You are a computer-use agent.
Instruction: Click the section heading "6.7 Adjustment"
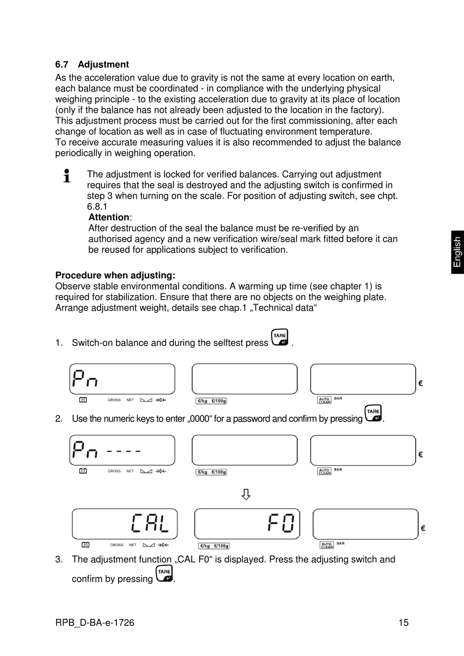[x=92, y=64]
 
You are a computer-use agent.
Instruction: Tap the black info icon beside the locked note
[x=67, y=176]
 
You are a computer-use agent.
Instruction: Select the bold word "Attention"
[x=109, y=217]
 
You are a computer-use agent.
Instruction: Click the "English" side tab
[x=457, y=252]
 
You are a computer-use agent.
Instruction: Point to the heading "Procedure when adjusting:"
[x=115, y=275]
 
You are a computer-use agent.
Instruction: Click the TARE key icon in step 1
[x=280, y=337]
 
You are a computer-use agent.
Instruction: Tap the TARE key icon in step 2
[x=373, y=413]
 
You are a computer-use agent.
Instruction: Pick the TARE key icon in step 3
[x=164, y=574]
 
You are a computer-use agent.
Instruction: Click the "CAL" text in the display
[x=149, y=523]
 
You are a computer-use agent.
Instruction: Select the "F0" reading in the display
[x=281, y=523]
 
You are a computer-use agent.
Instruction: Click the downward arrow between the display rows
[x=246, y=494]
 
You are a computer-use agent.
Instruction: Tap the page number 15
[x=403, y=622]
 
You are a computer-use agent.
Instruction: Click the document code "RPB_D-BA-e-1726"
[x=95, y=622]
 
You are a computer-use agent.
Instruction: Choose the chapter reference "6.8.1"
[x=97, y=206]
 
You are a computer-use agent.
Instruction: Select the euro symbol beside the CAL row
[x=423, y=528]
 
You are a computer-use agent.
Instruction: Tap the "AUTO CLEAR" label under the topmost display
[x=324, y=400]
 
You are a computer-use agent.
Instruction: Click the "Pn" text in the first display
[x=85, y=379]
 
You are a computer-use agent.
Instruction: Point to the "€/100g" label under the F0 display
[x=221, y=546]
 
